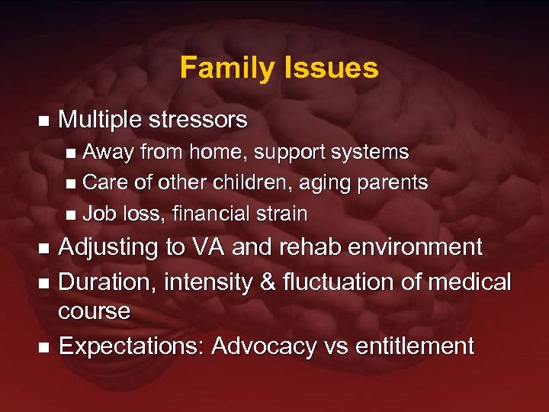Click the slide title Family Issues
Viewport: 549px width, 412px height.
pyautogui.click(x=279, y=68)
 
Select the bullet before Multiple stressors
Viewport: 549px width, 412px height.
pyautogui.click(x=43, y=121)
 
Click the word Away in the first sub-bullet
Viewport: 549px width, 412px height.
pyautogui.click(x=107, y=153)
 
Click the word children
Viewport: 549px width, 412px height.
pyautogui.click(x=238, y=183)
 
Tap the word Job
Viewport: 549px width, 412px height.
pyautogui.click(x=96, y=214)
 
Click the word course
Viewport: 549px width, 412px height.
pyautogui.click(x=94, y=311)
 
